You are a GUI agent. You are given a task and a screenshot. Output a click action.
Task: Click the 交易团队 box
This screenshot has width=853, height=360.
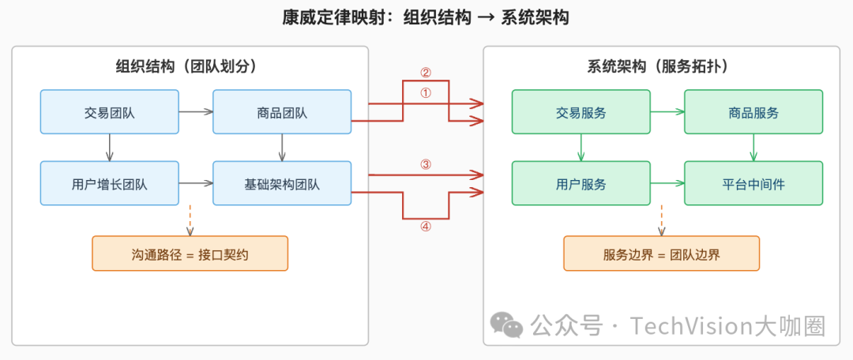point(109,111)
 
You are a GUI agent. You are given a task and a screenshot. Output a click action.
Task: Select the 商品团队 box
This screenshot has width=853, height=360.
point(282,111)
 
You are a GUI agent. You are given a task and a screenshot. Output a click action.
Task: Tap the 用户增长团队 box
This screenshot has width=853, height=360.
point(109,183)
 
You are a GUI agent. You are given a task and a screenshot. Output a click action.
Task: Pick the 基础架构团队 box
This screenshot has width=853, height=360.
point(282,183)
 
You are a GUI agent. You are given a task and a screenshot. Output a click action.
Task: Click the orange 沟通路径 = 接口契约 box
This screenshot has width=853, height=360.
point(190,253)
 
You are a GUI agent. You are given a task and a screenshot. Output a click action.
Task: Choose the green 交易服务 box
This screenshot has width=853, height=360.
point(581,111)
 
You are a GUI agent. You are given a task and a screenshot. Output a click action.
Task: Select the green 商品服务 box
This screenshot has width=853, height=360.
point(753,111)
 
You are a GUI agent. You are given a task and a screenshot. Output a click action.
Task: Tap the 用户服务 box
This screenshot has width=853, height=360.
point(581,183)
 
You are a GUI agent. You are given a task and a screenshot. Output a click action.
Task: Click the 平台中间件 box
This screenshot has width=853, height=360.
point(753,183)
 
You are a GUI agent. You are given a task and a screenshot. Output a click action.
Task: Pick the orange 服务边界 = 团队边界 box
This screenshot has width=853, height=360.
point(661,253)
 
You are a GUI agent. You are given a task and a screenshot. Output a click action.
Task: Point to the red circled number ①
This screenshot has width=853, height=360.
point(426,92)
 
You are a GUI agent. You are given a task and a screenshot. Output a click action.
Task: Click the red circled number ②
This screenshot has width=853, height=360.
point(426,73)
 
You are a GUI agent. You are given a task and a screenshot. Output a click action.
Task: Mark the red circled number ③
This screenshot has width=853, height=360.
point(426,164)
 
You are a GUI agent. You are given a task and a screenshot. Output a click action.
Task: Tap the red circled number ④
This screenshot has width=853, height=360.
point(426,226)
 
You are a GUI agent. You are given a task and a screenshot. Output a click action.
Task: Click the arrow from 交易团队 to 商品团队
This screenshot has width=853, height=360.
point(195,111)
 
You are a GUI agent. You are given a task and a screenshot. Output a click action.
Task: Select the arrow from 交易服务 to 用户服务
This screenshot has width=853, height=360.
point(581,147)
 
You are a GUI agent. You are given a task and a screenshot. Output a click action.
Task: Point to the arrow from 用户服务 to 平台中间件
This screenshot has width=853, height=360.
point(667,183)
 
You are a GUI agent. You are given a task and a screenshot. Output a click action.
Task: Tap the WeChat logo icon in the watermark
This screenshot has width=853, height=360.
point(506,324)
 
